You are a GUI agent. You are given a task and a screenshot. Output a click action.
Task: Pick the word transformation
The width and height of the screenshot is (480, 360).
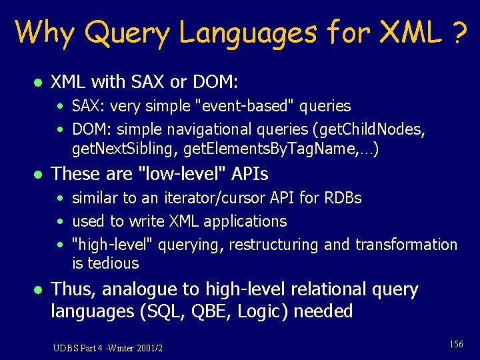point(406,245)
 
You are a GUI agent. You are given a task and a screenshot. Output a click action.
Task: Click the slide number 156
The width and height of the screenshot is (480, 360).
point(456,344)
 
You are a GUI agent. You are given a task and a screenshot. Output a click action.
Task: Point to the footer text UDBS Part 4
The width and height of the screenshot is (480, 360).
point(79,348)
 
